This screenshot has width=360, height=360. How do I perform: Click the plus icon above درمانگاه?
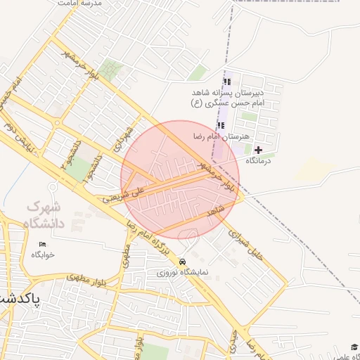pyautogui.click(x=258, y=150)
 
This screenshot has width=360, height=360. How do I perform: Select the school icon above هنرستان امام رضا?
pyautogui.click(x=221, y=125)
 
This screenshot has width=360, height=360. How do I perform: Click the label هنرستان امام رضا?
pyautogui.click(x=221, y=136)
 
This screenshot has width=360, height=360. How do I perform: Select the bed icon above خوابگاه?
pyautogui.click(x=42, y=244)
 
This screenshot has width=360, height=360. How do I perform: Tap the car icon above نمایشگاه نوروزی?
pyautogui.click(x=183, y=262)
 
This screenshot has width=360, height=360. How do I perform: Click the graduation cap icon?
pyautogui.click(x=354, y=347)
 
